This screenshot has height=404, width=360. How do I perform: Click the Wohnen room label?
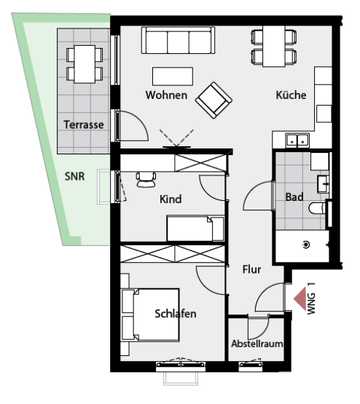(166, 95)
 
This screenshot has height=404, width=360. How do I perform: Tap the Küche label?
(291, 95)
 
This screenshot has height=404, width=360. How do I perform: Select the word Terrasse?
(84, 124)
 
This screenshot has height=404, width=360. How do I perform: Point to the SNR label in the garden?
(74, 176)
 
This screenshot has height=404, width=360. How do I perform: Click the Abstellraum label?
(257, 344)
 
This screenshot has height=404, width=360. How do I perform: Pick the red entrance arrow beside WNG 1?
(300, 298)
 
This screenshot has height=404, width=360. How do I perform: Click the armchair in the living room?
(214, 100)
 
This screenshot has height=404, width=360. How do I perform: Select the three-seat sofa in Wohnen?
(178, 40)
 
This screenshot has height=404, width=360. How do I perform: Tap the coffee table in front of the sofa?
(173, 76)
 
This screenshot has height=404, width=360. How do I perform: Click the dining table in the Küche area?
(273, 47)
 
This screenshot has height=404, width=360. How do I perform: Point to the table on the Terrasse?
(85, 64)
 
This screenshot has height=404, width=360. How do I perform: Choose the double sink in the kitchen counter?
(297, 140)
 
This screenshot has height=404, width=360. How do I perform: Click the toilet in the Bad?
(317, 208)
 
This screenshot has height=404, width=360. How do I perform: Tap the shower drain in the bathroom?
(306, 245)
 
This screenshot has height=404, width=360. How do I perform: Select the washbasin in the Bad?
(323, 184)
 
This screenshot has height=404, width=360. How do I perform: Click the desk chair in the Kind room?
(146, 179)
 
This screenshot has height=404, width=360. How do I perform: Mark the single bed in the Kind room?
(195, 229)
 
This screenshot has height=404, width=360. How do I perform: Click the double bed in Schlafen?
(151, 314)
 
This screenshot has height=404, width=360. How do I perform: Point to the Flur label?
(251, 269)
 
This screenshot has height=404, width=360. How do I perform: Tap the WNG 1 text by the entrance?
(311, 298)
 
